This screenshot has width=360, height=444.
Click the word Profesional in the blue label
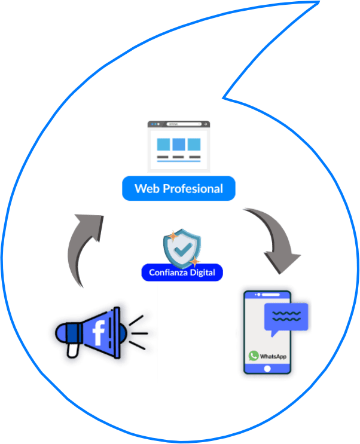[x=192, y=189]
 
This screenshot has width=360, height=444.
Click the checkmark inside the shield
[x=182, y=246]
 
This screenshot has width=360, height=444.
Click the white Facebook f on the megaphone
[x=98, y=332]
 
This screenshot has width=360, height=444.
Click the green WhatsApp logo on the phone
[x=254, y=356]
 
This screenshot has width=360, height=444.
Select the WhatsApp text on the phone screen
[x=273, y=356]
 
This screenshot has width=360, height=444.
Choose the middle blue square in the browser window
[x=178, y=144]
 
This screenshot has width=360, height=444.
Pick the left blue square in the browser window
[x=162, y=144]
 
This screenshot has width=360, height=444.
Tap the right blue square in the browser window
[x=193, y=144]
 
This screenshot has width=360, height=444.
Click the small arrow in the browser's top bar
[x=205, y=124]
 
